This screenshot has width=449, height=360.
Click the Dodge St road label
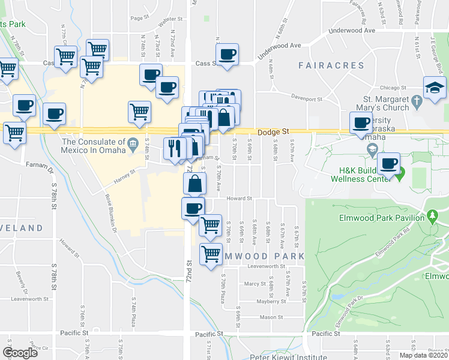273,131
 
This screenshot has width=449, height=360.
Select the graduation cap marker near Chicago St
435,88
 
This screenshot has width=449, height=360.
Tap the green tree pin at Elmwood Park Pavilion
432,216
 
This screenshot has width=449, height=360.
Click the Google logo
20,352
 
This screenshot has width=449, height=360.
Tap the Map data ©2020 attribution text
423,355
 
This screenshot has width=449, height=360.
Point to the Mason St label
271,317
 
